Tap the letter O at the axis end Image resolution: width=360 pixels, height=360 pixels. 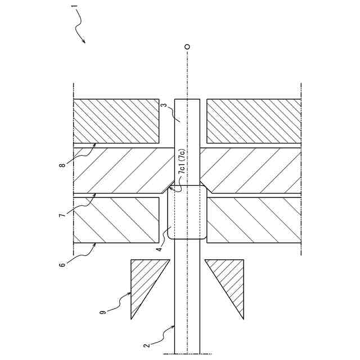coord(187,47)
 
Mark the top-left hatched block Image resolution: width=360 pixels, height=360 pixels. coord(116,121)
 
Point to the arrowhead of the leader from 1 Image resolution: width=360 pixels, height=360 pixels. coord(84,42)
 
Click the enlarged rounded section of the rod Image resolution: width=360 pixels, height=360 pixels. coord(187,213)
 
